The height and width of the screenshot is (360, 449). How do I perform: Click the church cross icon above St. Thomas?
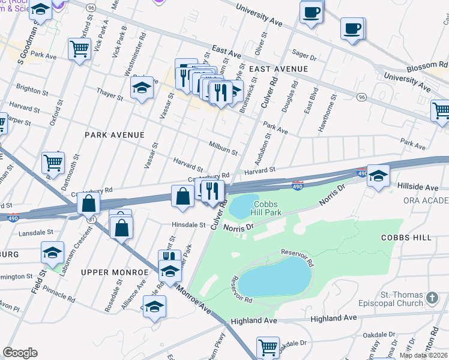click(431, 298)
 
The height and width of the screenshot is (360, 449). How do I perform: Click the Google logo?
click(20, 353)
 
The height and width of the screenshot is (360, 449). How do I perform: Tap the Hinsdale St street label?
click(187, 226)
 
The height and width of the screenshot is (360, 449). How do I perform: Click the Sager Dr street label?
click(304, 56)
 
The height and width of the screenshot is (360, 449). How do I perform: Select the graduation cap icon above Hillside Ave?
click(378, 176)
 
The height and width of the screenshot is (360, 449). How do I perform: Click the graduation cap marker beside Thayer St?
click(142, 88)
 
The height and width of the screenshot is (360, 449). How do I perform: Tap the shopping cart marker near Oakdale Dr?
click(268, 347)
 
